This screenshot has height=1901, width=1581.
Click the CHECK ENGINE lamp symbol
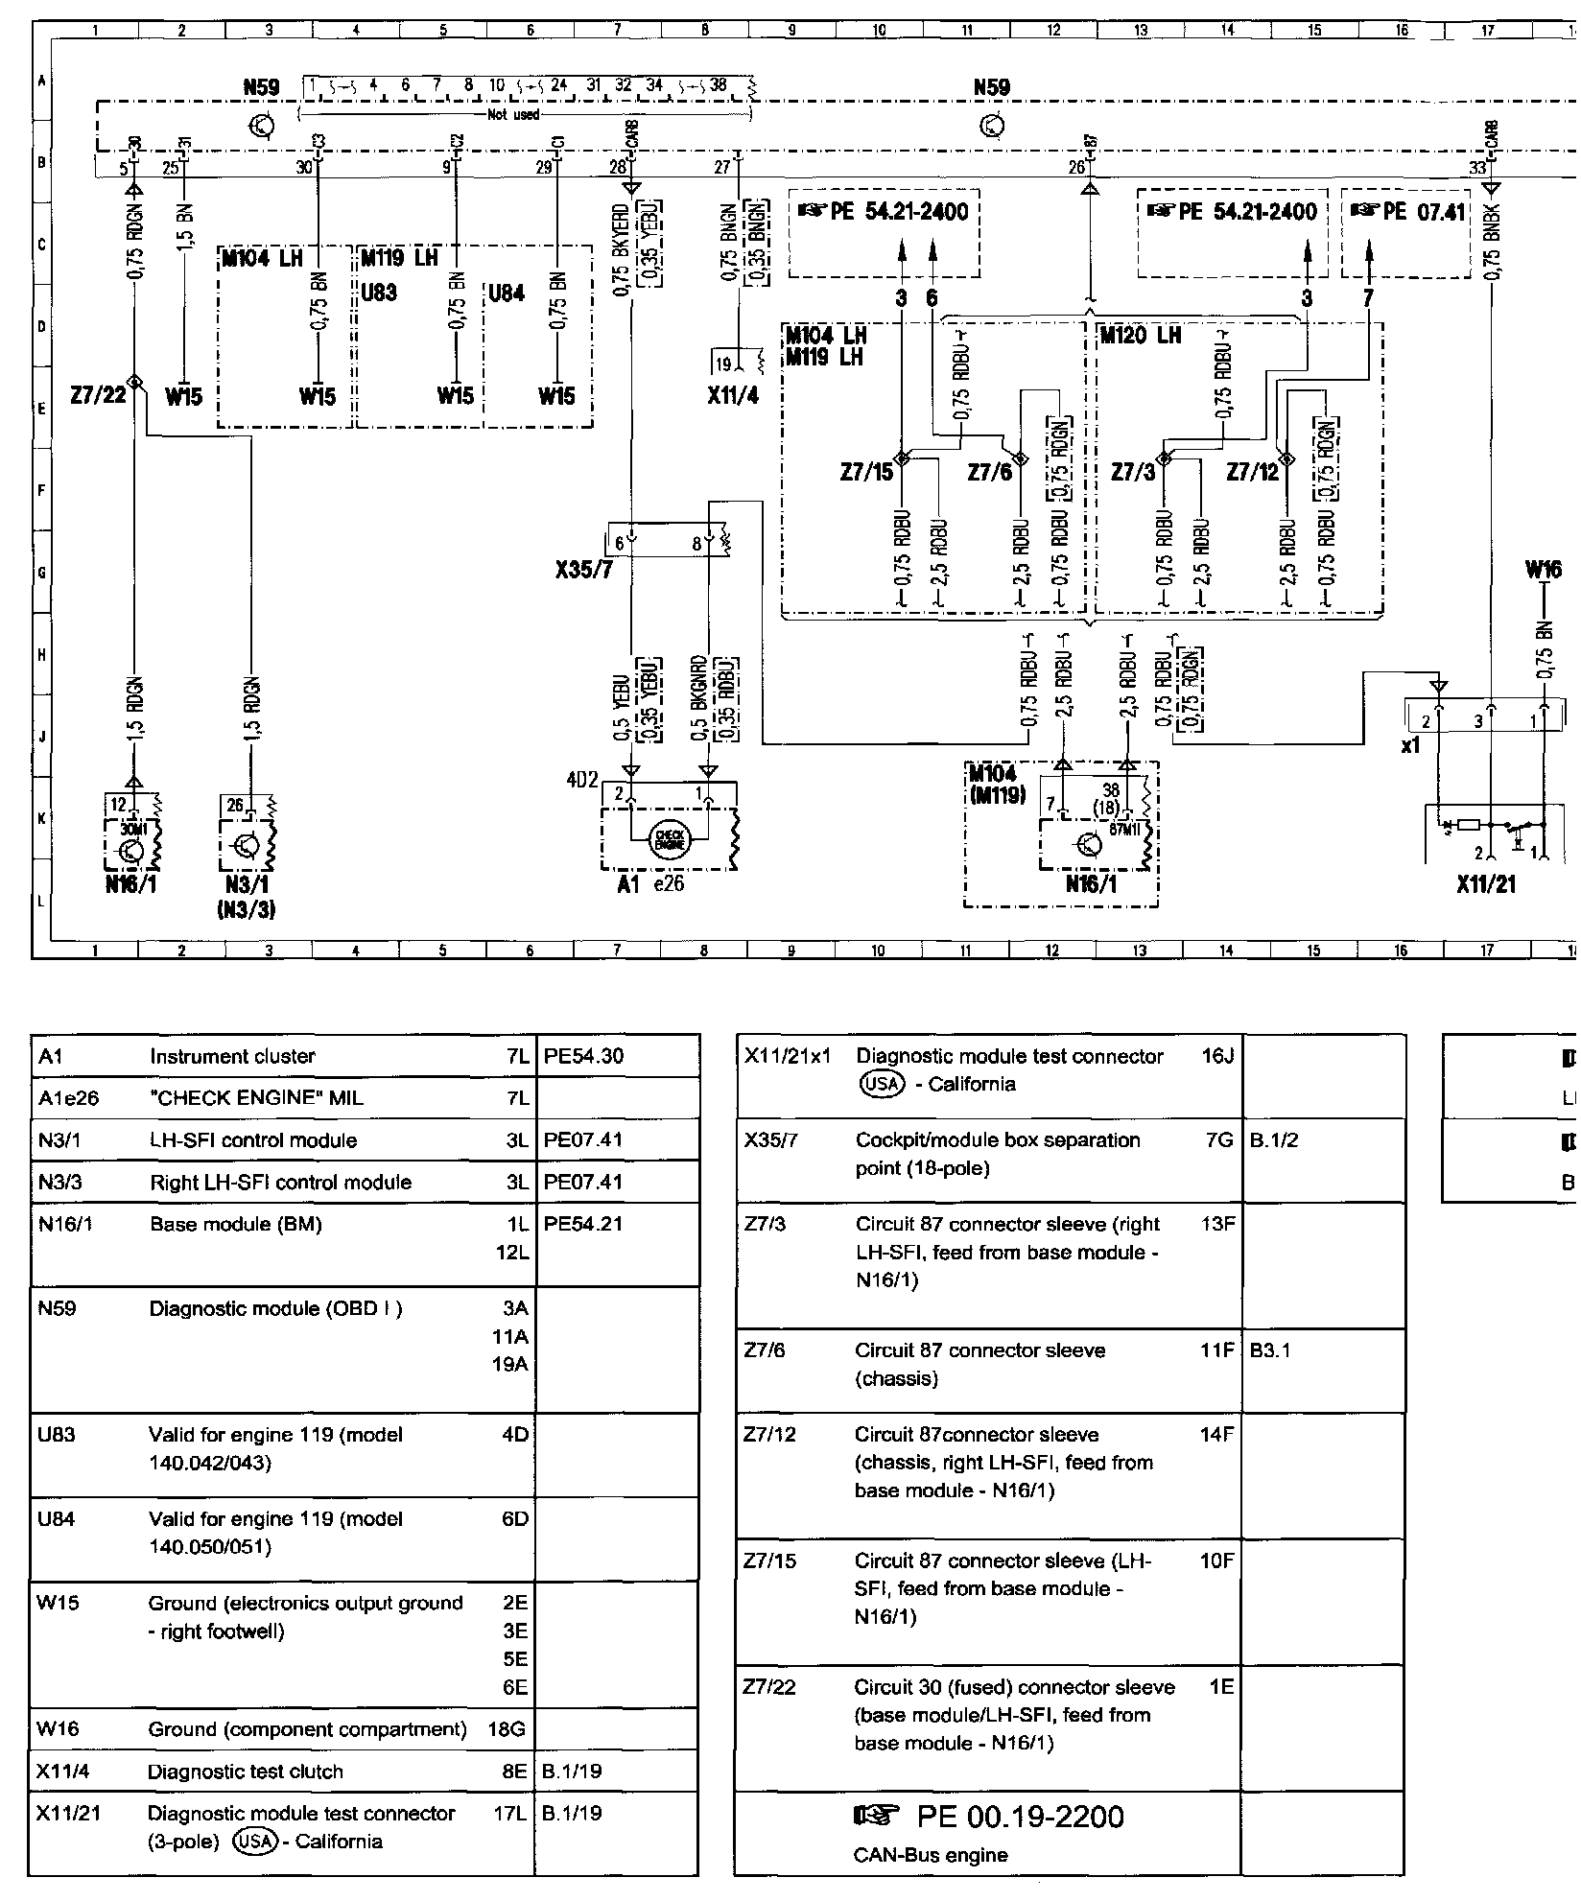668,839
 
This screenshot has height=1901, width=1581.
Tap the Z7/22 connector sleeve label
98,394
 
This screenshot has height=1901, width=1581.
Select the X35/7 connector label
583,571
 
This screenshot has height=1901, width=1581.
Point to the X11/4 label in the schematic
732,394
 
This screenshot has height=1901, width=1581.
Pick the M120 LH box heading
1140,336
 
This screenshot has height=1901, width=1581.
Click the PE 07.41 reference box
1408,211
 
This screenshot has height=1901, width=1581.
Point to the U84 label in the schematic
507,293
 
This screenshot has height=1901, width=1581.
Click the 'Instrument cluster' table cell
232,1056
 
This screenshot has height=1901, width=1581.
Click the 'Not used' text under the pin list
515,114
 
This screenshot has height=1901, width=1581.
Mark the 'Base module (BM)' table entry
236,1224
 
